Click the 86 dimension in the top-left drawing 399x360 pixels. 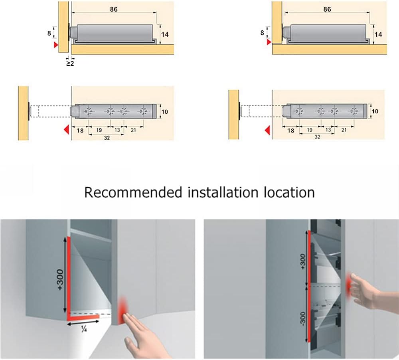(114, 10)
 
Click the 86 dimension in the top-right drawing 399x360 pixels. (327, 10)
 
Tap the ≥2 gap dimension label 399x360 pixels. (70, 63)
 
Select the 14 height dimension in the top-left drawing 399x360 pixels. (165, 34)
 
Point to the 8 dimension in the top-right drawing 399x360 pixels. (262, 33)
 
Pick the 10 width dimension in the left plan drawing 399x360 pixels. (164, 112)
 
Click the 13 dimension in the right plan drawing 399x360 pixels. (328, 130)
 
